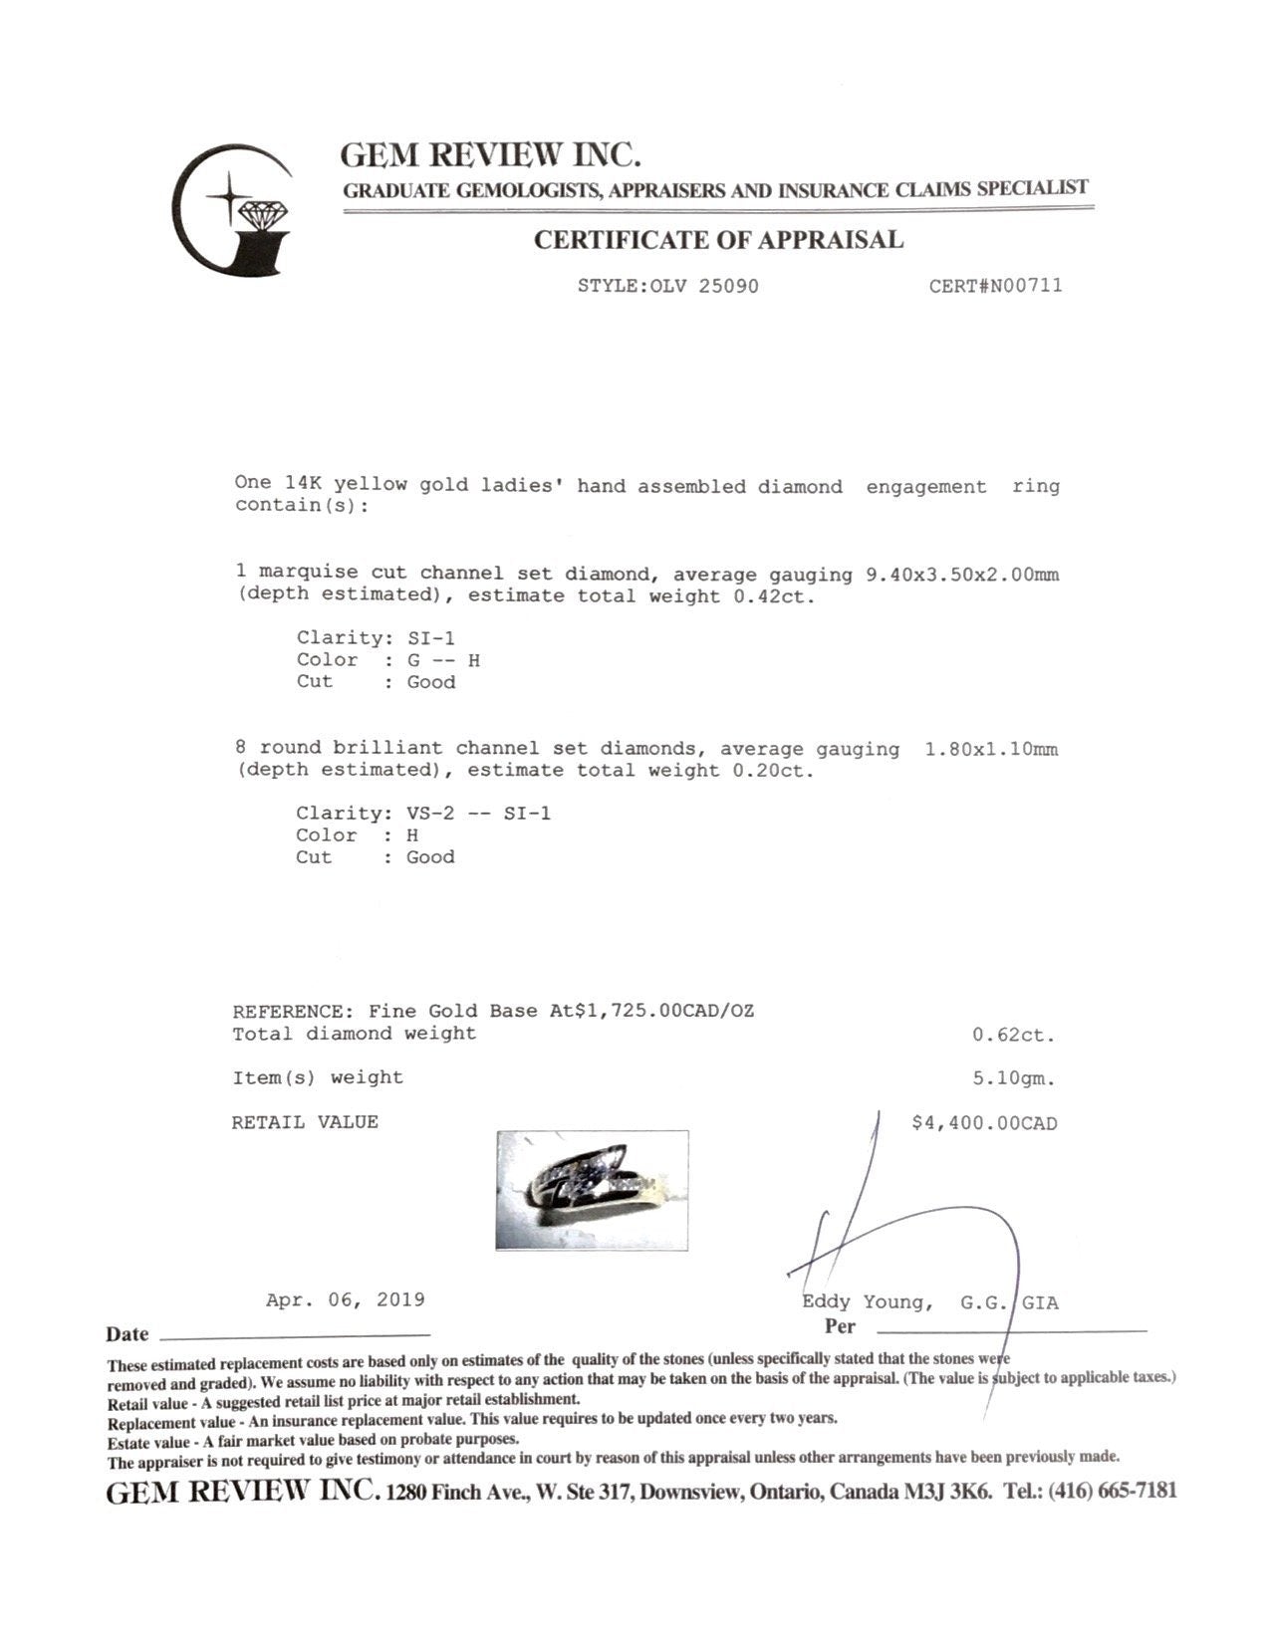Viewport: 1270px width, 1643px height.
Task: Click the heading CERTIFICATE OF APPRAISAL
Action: coord(718,240)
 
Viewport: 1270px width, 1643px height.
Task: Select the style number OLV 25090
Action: coord(704,287)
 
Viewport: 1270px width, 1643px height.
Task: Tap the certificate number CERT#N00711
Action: coord(995,286)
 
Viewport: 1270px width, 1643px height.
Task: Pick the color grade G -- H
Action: coord(443,660)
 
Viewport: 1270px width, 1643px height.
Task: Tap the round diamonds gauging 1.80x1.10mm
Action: coord(991,749)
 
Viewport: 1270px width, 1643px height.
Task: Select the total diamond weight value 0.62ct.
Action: coord(1013,1035)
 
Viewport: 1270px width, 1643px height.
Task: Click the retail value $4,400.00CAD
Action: coord(984,1123)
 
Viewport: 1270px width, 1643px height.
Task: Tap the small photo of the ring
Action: coord(592,1189)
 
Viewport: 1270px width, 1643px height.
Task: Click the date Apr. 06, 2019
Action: coord(345,1300)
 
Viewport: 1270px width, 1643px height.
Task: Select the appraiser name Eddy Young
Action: coord(868,1302)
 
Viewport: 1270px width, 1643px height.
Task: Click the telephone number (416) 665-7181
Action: coord(1112,1491)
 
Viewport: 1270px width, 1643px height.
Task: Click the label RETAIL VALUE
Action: coord(305,1122)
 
